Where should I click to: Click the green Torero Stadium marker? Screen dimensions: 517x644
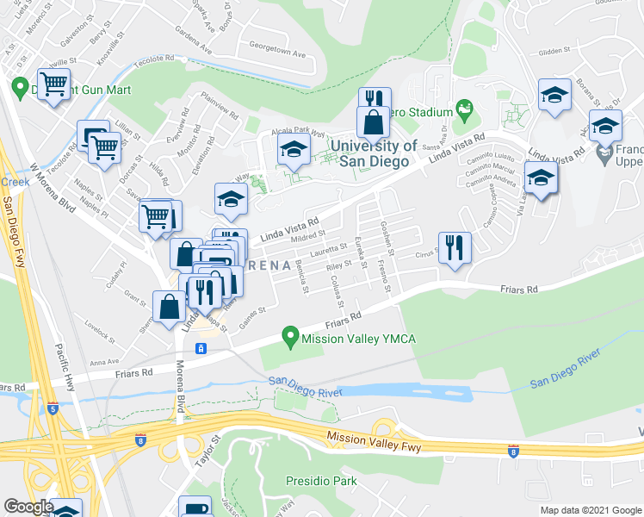(466, 109)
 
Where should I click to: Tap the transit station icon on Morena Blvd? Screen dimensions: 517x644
(200, 348)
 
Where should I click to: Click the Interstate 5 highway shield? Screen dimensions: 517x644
(53, 408)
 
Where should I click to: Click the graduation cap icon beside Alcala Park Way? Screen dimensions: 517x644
(294, 151)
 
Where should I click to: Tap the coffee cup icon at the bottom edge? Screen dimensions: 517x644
(195, 508)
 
